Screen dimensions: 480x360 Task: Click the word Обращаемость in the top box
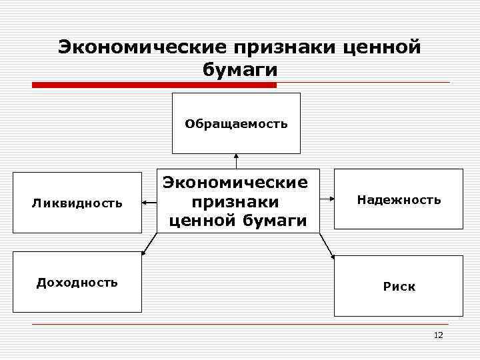coord(237,123)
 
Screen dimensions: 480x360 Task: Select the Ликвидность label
coord(77,203)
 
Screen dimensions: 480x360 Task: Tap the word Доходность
coord(77,282)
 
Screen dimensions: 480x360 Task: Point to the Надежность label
coord(399,199)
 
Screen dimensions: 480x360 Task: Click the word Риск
coord(399,287)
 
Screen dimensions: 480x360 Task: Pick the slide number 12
coord(438,335)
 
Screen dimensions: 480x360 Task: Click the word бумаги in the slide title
coord(239,70)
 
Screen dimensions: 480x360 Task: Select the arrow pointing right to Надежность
coord(327,198)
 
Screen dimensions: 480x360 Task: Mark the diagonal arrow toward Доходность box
coord(149,243)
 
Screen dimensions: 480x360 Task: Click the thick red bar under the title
coord(154,85)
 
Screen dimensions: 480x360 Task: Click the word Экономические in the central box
coord(237,182)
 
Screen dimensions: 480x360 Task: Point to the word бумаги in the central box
coord(275,220)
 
